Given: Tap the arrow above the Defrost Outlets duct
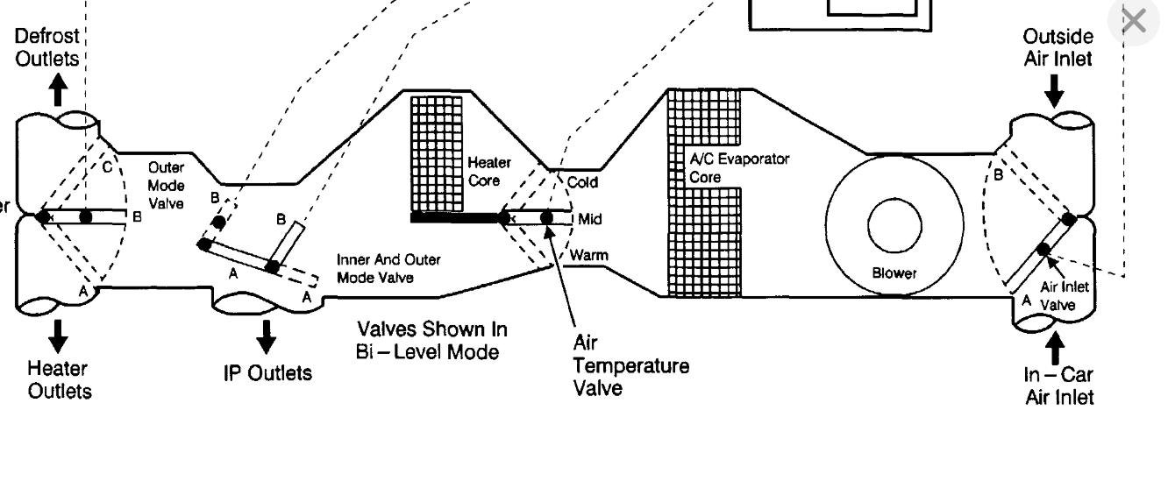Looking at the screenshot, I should pos(59,89).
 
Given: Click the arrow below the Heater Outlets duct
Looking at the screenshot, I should pos(59,334).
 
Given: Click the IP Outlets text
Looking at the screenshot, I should pos(267,373).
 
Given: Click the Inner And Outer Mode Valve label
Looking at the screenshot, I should pos(388,269).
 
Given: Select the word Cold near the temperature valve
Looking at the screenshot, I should pos(581,183).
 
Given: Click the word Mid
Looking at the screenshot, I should pos(590,218).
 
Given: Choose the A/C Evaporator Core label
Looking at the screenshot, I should pos(738,167).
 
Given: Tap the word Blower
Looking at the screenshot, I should pos(894,272).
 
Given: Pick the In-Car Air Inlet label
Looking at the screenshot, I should pos(1058,386).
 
